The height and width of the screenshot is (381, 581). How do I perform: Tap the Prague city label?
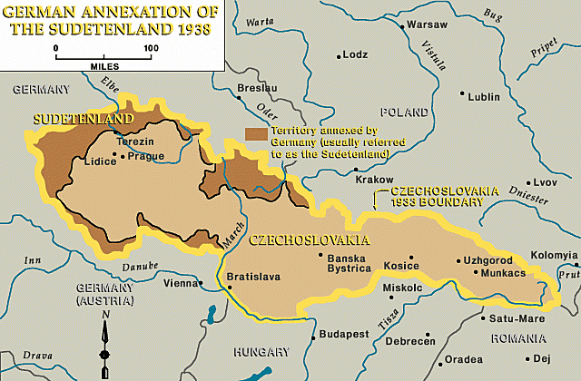point(145,156)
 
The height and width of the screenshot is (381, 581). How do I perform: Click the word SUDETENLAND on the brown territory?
point(83,119)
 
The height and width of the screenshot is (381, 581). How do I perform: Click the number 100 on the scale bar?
point(149,48)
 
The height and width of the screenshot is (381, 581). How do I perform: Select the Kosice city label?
point(403,265)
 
